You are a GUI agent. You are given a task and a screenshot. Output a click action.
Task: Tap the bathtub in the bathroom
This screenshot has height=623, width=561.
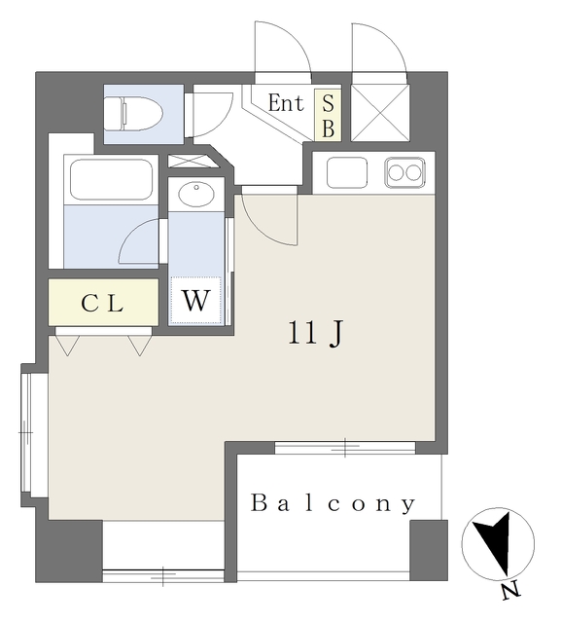pos(110,180)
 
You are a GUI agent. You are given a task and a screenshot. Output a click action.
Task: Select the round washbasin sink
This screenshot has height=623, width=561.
pos(197,193)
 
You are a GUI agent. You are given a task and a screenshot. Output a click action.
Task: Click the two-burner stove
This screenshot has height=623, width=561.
pos(404,172)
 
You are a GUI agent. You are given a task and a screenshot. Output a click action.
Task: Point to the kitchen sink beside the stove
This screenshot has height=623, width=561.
pos(347,172)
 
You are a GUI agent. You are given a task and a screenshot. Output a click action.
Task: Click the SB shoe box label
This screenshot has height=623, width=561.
pos(328,115)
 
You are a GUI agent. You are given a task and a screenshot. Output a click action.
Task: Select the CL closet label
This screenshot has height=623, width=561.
pos(102,304)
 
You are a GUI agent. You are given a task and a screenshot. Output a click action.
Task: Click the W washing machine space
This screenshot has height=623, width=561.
pos(196,301)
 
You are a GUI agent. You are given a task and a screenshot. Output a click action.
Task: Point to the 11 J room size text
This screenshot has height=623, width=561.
pos(313,334)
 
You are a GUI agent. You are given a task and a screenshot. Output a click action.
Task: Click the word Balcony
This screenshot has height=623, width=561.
pos(333,504)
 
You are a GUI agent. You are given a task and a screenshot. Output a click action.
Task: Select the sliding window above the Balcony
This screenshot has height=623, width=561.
pos(345,448)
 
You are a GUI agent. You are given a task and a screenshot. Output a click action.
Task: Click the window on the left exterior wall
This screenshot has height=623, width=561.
pos(28,429)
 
